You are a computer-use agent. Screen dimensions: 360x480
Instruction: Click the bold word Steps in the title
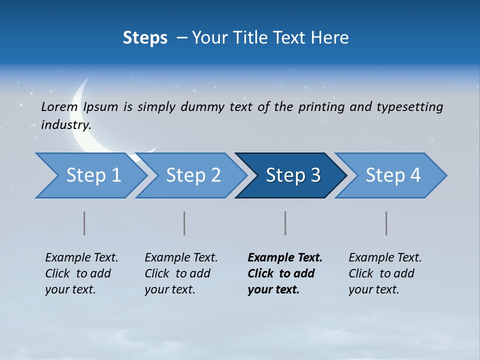click(145, 38)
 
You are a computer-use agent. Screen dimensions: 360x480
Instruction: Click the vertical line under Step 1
click(84, 223)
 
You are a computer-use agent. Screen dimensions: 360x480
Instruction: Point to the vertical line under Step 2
click(184, 223)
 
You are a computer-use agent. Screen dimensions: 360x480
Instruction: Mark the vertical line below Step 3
click(285, 223)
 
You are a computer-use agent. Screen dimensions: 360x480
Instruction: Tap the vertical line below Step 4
click(386, 223)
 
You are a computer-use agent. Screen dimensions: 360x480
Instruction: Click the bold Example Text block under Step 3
click(285, 273)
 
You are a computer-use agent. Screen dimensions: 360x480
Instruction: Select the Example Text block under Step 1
click(81, 273)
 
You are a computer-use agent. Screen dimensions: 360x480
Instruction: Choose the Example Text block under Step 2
click(181, 273)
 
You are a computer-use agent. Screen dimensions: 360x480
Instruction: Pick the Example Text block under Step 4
click(385, 273)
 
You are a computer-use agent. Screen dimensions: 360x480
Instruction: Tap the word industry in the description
click(66, 125)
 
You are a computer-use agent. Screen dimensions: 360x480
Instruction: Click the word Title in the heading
click(275, 38)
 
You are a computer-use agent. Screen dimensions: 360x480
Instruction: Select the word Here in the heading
click(329, 38)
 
